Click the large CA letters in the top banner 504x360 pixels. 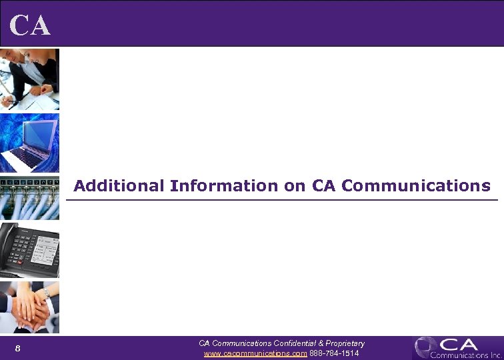pos(31,25)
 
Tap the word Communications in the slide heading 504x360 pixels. pos(415,186)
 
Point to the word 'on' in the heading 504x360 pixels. pos(294,186)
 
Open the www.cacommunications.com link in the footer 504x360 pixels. pos(255,353)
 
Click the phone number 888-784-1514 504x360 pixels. pos(335,353)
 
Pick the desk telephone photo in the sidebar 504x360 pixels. pos(29,250)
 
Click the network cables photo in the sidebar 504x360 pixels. pos(29,198)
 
